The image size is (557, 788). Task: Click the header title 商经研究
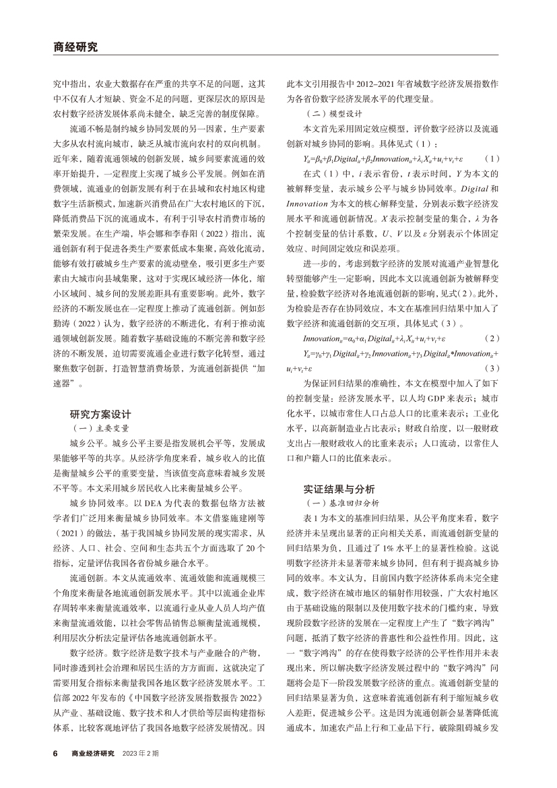coord(75,47)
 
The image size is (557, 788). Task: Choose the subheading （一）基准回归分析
coord(346,503)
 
